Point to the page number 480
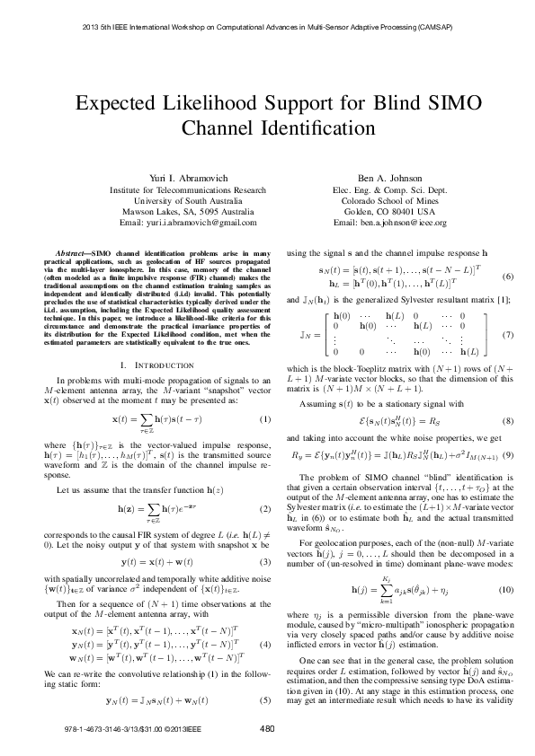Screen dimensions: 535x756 pos(266,726)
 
